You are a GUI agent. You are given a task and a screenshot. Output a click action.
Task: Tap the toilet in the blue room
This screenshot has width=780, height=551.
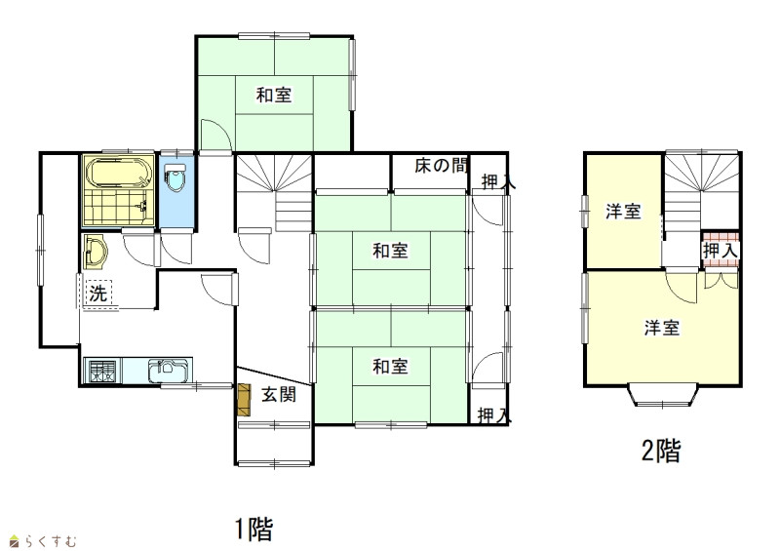[x=175, y=177]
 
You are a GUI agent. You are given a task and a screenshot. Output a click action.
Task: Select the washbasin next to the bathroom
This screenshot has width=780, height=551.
[x=95, y=252]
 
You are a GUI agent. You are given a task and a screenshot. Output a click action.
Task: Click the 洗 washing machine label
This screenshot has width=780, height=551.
[x=98, y=294]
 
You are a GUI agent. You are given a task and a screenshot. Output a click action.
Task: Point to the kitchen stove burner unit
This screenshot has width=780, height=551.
[x=104, y=371]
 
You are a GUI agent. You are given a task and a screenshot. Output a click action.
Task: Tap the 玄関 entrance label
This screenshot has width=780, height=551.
[x=279, y=395]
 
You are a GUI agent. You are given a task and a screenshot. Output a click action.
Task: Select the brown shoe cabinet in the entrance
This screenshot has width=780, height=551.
[x=245, y=400]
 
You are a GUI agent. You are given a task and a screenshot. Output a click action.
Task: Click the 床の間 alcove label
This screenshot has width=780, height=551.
[x=441, y=165]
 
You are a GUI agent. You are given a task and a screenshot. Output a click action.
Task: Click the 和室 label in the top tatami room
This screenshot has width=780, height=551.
[x=274, y=95]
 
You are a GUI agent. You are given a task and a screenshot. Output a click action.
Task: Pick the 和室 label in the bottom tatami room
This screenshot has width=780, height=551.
[x=391, y=367]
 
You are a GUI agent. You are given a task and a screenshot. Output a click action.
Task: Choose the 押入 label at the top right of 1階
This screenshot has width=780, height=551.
[x=498, y=182]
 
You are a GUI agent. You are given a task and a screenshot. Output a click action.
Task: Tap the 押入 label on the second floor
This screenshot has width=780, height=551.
[x=720, y=251]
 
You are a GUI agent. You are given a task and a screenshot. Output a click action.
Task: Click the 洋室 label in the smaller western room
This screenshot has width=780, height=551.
[x=623, y=212]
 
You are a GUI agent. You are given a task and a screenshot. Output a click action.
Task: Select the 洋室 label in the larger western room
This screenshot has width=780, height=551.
[x=662, y=328]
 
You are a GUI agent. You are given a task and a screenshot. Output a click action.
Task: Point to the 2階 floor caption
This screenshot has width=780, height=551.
[x=661, y=451]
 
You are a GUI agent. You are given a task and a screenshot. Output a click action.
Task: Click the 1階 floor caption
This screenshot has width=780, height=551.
[x=254, y=530]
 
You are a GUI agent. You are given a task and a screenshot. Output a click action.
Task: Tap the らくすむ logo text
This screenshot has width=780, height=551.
[x=51, y=540]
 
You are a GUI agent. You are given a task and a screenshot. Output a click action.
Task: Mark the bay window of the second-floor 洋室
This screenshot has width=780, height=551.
[x=662, y=395]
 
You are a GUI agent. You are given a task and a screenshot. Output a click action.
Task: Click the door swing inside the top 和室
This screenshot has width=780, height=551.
[x=215, y=135]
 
